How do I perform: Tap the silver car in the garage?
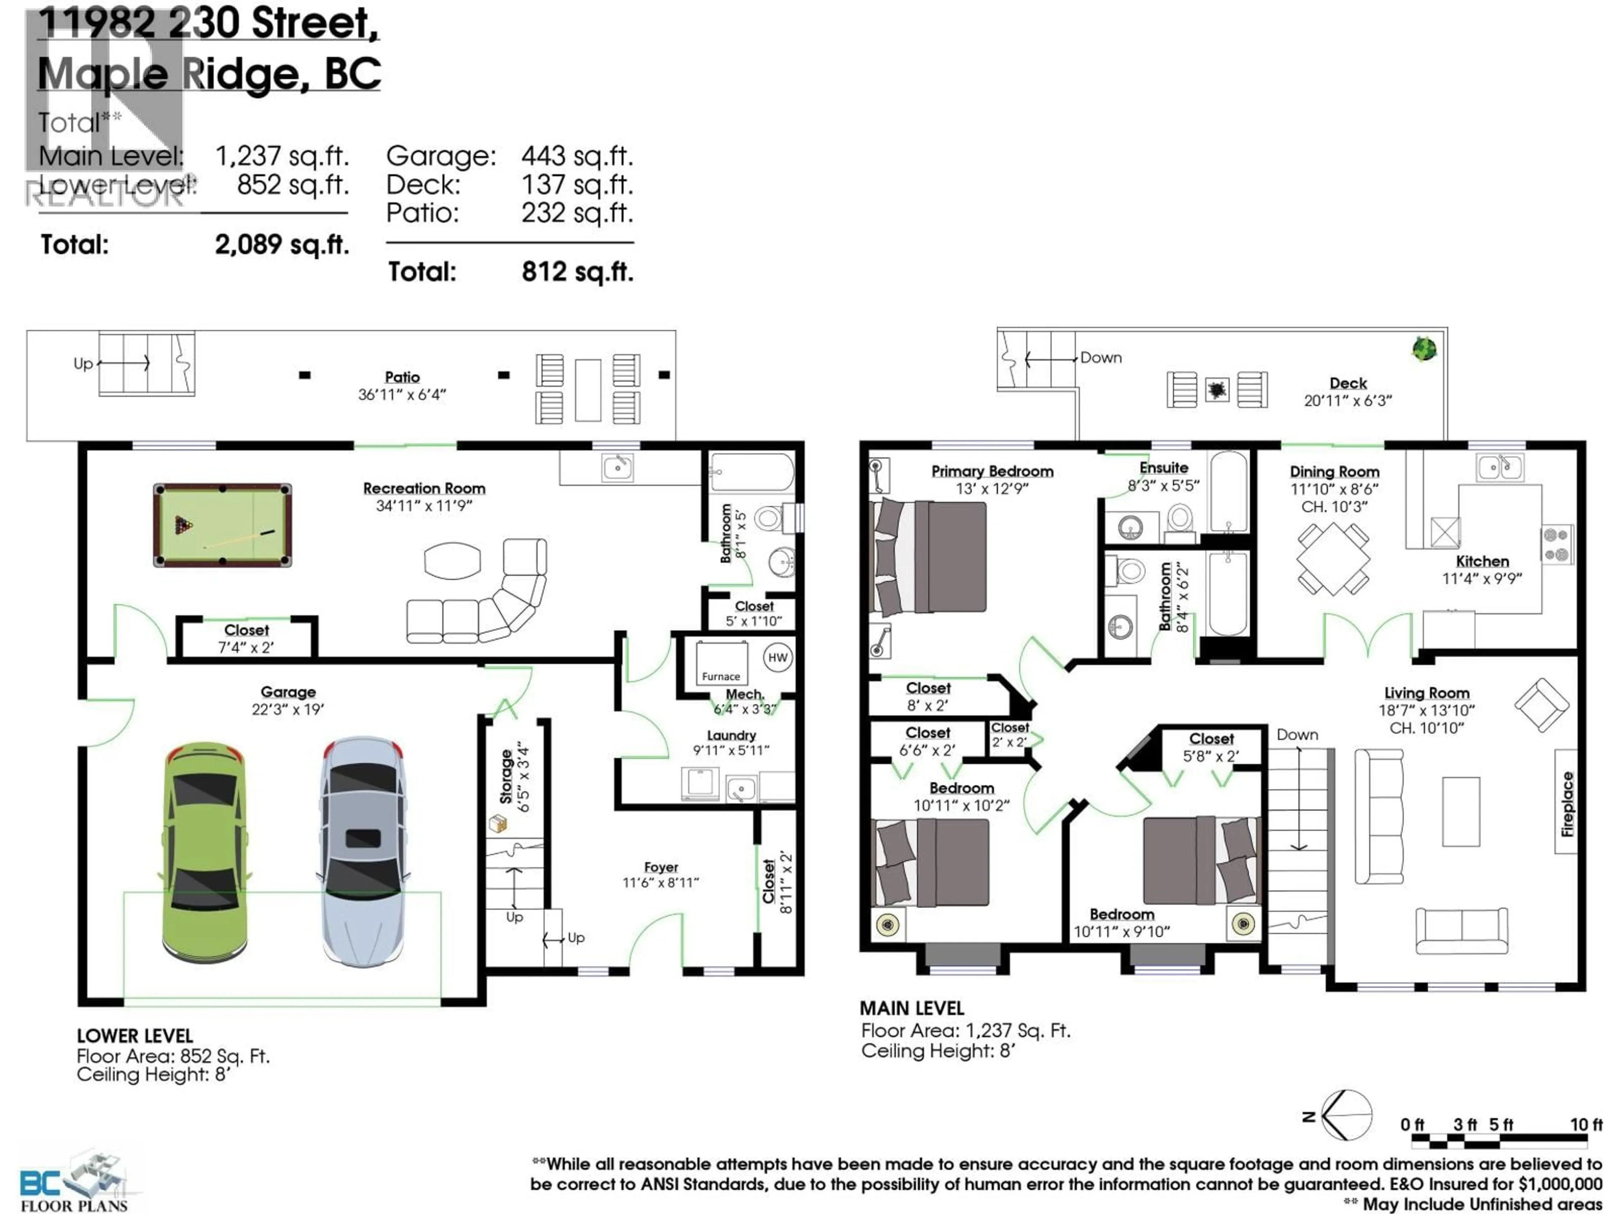(x=362, y=852)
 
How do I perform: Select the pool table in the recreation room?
(x=223, y=525)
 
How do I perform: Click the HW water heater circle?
(x=777, y=657)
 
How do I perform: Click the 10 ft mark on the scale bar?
(x=1585, y=1125)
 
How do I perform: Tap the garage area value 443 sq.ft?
(x=577, y=156)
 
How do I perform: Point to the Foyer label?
(x=661, y=867)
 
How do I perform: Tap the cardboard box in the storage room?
(x=498, y=824)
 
